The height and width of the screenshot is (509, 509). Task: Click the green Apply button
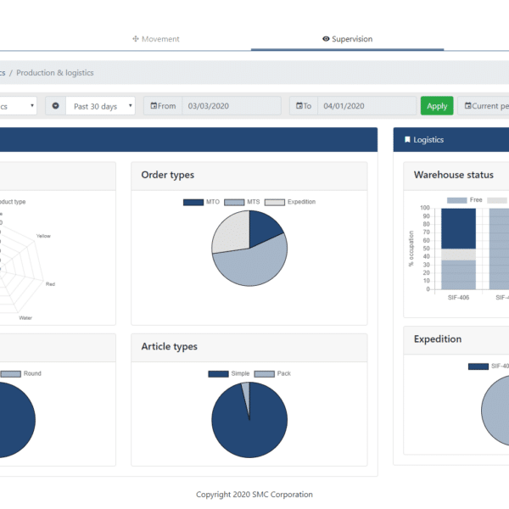437,106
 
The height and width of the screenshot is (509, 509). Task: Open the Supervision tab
347,39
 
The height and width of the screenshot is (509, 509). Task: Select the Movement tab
156,39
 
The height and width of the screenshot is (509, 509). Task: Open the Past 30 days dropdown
103,106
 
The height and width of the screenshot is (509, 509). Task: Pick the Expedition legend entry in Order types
290,202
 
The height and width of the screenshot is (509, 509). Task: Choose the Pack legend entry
272,373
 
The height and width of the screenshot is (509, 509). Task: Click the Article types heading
169,346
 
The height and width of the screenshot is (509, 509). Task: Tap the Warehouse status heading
453,175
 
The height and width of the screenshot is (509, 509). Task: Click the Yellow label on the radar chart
43,236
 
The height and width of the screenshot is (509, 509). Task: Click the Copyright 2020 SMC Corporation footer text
255,495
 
